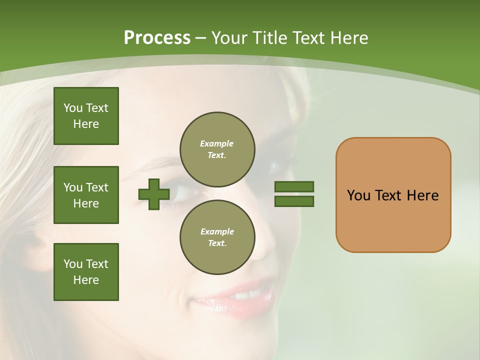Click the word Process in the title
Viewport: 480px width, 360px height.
click(x=157, y=38)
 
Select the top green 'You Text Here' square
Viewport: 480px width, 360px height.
click(x=86, y=116)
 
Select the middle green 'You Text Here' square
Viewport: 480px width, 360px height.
click(x=86, y=195)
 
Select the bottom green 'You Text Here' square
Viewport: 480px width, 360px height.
click(x=86, y=272)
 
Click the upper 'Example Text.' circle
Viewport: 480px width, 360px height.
click(x=217, y=149)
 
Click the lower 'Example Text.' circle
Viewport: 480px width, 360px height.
click(x=217, y=237)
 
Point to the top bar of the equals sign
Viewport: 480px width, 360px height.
click(x=294, y=186)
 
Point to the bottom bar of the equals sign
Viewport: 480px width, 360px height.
click(x=294, y=201)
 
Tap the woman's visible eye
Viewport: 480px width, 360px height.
click(x=182, y=193)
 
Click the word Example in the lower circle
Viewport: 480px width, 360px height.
click(x=217, y=231)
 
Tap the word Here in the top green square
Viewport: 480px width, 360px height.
click(x=86, y=124)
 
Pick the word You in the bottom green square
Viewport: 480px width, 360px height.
click(x=73, y=263)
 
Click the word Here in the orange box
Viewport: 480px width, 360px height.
click(x=423, y=195)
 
